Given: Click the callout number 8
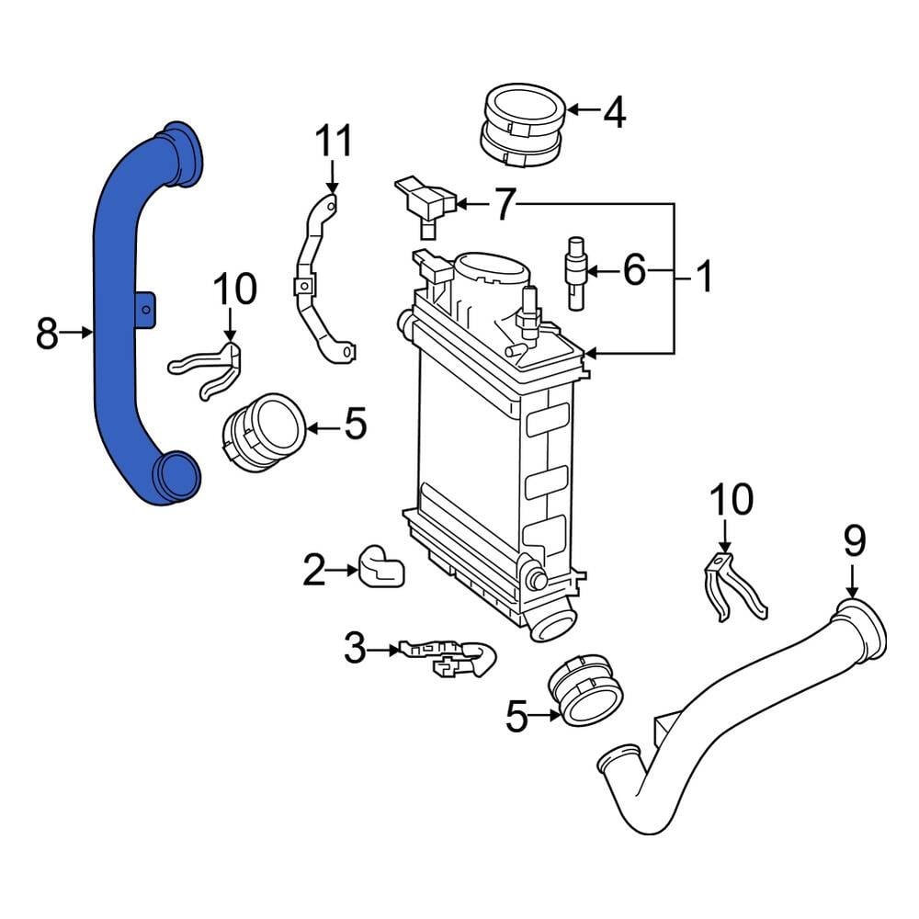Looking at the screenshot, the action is pos(47,333).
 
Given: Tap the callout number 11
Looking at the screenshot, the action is pos(334,142).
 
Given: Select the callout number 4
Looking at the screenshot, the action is pos(614,112).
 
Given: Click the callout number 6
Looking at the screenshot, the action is pos(634,270).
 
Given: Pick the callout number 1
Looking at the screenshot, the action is pos(703,277).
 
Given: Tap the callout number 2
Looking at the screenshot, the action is pos(314,570).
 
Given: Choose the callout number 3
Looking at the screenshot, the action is pos(355,649).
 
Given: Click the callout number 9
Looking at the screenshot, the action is pos(855,541).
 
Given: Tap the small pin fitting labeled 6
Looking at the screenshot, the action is pos(576,273).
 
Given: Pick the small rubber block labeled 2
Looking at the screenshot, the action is pos(382,566).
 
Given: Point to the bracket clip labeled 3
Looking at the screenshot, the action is pos(447,658).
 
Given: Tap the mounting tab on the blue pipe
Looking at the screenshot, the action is pos(146,309).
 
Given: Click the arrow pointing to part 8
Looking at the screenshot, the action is pos(76,333).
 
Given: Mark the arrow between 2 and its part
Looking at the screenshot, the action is pos(343,569).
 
